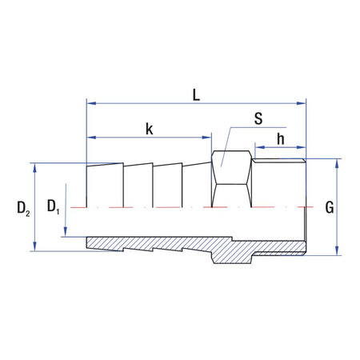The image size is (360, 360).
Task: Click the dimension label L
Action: click(x=196, y=93)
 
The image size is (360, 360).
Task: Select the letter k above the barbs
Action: click(x=150, y=127)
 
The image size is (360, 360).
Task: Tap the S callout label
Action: click(x=258, y=119)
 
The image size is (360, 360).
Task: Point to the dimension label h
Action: click(x=281, y=138)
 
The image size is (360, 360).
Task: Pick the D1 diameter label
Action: click(x=54, y=207)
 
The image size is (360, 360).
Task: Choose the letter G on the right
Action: click(x=329, y=207)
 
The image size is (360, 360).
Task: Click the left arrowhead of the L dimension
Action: click(x=91, y=103)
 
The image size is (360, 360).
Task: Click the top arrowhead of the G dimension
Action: click(x=337, y=164)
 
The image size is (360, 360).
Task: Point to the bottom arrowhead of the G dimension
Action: click(x=337, y=250)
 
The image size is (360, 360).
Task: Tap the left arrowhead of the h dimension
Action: click(x=258, y=147)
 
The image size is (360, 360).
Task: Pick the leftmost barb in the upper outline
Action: click(x=105, y=185)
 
